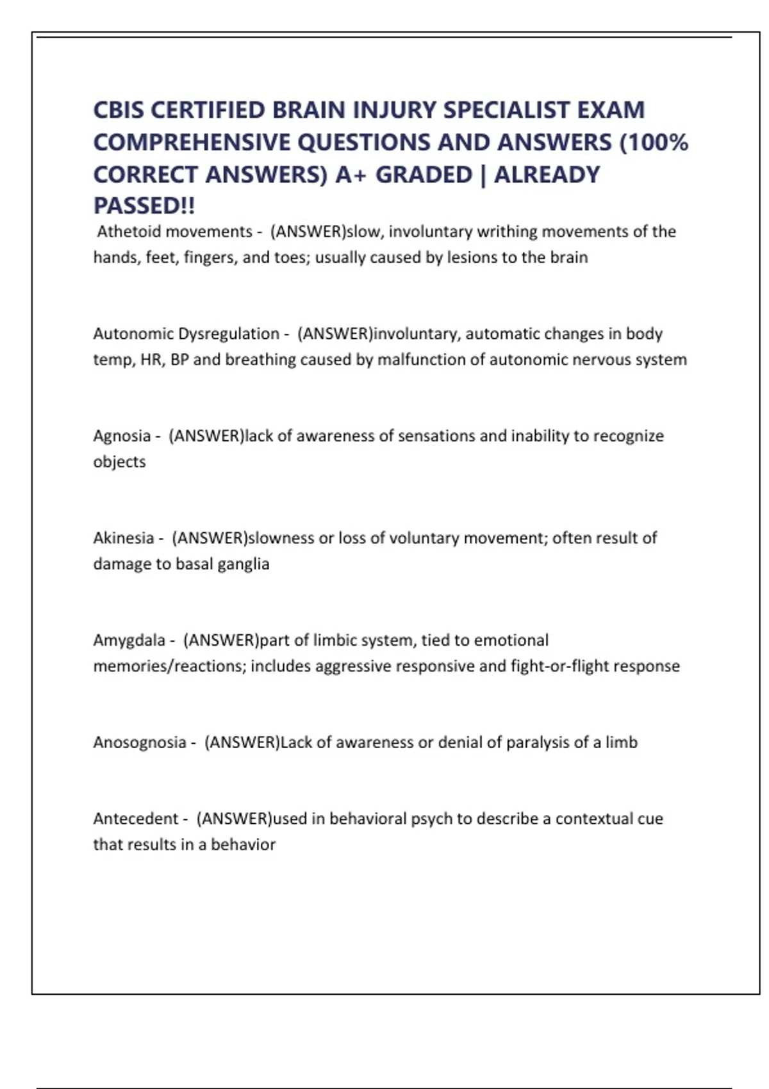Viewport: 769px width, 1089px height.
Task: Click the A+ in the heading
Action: tap(350, 174)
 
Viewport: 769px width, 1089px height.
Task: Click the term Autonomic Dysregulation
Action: tap(186, 334)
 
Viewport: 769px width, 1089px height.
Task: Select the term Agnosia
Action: tap(122, 436)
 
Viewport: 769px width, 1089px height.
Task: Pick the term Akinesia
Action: tap(124, 538)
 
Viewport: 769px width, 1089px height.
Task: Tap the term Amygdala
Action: tap(129, 640)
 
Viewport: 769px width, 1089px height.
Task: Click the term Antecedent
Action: tap(136, 819)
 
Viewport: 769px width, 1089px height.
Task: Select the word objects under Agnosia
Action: tap(120, 462)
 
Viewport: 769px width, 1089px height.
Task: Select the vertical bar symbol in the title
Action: tap(483, 174)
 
